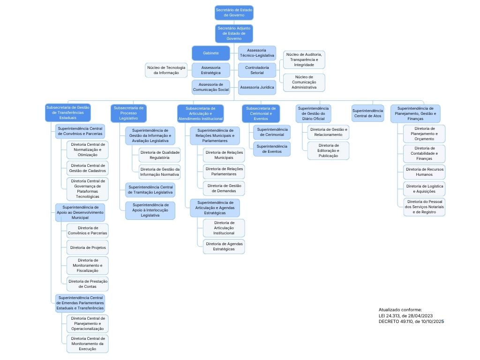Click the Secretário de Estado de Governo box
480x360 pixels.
tap(234, 13)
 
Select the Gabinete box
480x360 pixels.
tap(210, 53)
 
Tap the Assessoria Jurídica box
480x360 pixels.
tap(257, 87)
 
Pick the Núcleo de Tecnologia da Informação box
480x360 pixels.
tap(166, 70)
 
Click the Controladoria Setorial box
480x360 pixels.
tap(257, 70)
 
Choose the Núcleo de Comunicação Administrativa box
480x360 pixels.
tap(304, 82)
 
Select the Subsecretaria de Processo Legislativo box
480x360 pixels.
tap(128, 113)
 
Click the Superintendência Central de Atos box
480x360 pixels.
tap(367, 113)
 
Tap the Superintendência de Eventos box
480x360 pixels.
tap(272, 149)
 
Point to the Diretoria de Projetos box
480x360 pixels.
tap(88, 247)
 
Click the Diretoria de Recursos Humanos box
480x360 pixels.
tap(424, 172)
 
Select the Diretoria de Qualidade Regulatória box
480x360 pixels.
tap(159, 155)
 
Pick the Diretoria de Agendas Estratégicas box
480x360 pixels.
tap(224, 247)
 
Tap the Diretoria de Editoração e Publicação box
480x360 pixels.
tap(328, 150)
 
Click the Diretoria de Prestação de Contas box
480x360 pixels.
tap(88, 284)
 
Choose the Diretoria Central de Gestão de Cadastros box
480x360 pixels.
tap(88, 168)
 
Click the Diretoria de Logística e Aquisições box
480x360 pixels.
tap(424, 188)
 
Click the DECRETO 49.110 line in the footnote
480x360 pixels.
tap(411, 322)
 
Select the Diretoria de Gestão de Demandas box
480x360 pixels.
tap(224, 188)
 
